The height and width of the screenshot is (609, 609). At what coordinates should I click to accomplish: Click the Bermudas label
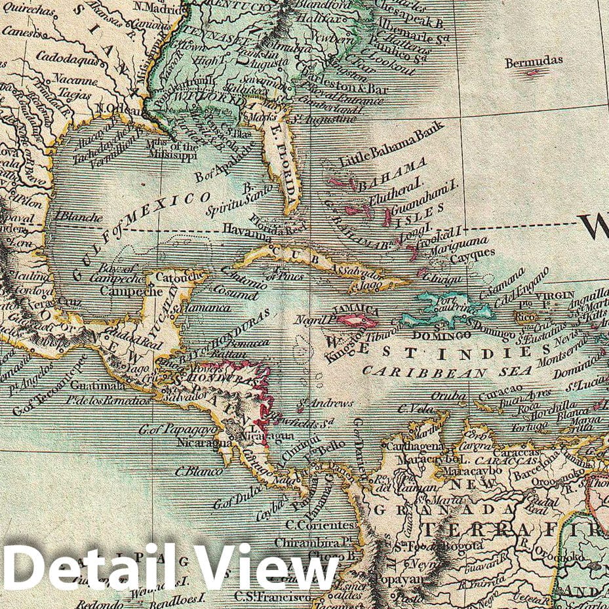tap(534, 61)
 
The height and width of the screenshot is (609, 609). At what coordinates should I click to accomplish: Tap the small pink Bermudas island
tap(534, 72)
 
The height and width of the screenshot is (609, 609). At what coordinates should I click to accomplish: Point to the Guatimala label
tap(88, 385)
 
